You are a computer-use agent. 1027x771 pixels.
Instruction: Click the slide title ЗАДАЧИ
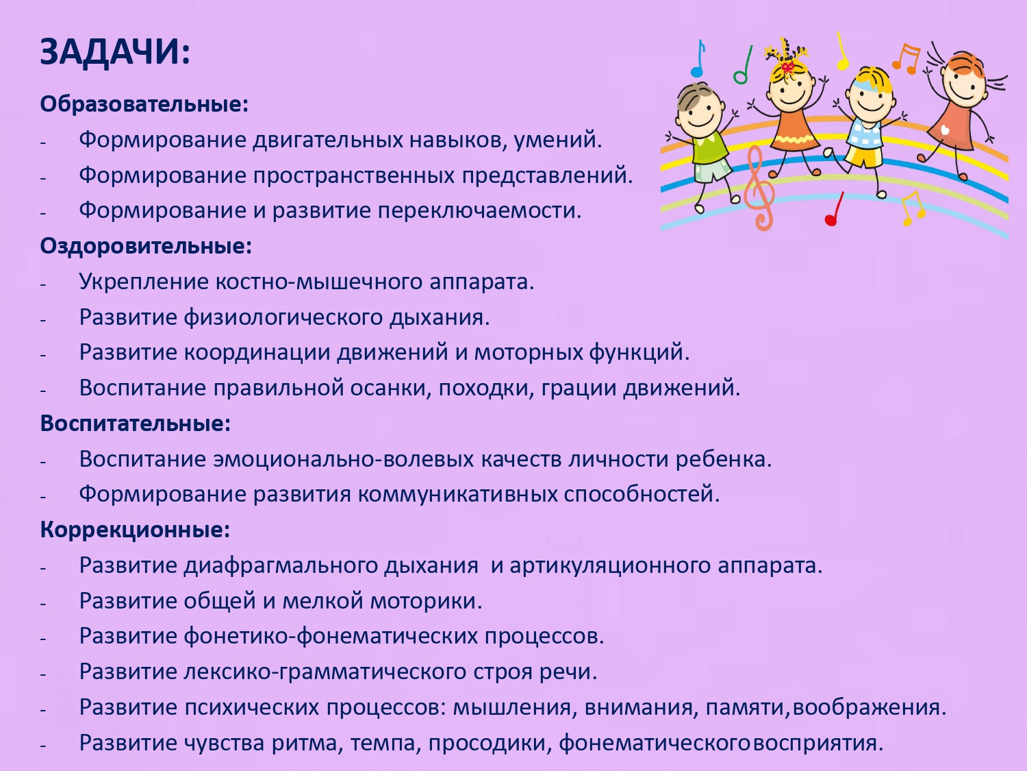(114, 52)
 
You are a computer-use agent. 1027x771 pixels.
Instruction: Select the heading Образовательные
(144, 104)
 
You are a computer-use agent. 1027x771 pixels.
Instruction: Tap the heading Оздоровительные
(146, 246)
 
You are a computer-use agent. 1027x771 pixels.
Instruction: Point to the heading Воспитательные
(135, 424)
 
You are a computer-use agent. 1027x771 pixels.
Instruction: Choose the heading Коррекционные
(135, 530)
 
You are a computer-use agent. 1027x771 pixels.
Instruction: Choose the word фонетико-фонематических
(331, 636)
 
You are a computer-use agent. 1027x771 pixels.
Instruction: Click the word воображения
(868, 707)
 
